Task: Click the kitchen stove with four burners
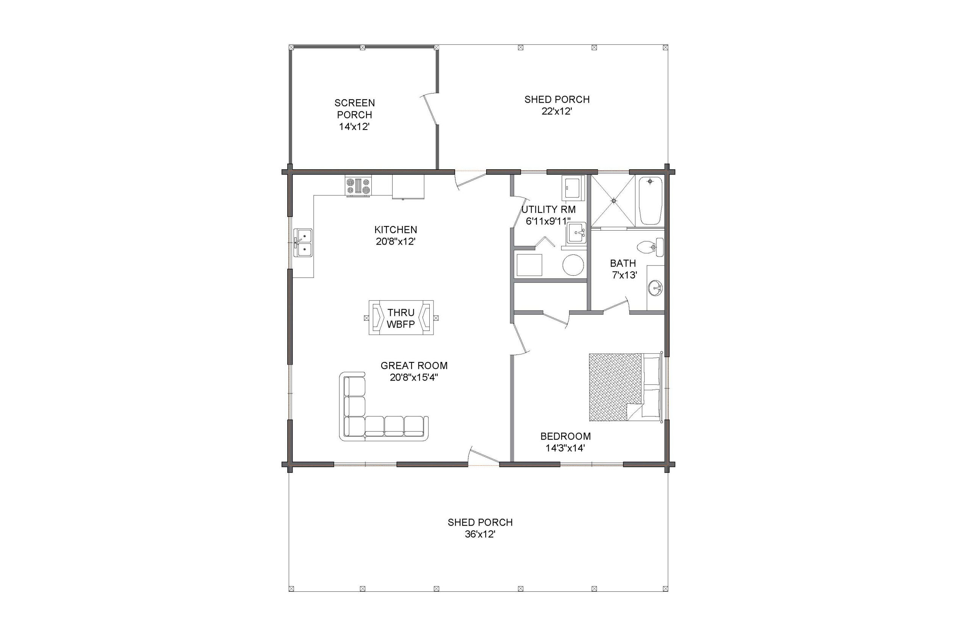358,186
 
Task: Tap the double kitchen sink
303,243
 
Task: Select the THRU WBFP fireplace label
401,318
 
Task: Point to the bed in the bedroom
624,387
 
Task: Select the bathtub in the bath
650,200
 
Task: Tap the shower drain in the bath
614,200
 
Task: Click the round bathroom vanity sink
655,289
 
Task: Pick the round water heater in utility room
573,265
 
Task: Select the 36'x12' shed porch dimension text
480,534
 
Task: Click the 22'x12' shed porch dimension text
557,111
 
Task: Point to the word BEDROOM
565,437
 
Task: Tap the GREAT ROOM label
414,366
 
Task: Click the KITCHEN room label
396,229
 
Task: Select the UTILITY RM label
548,210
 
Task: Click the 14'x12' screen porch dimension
354,126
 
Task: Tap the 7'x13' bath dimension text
624,275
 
